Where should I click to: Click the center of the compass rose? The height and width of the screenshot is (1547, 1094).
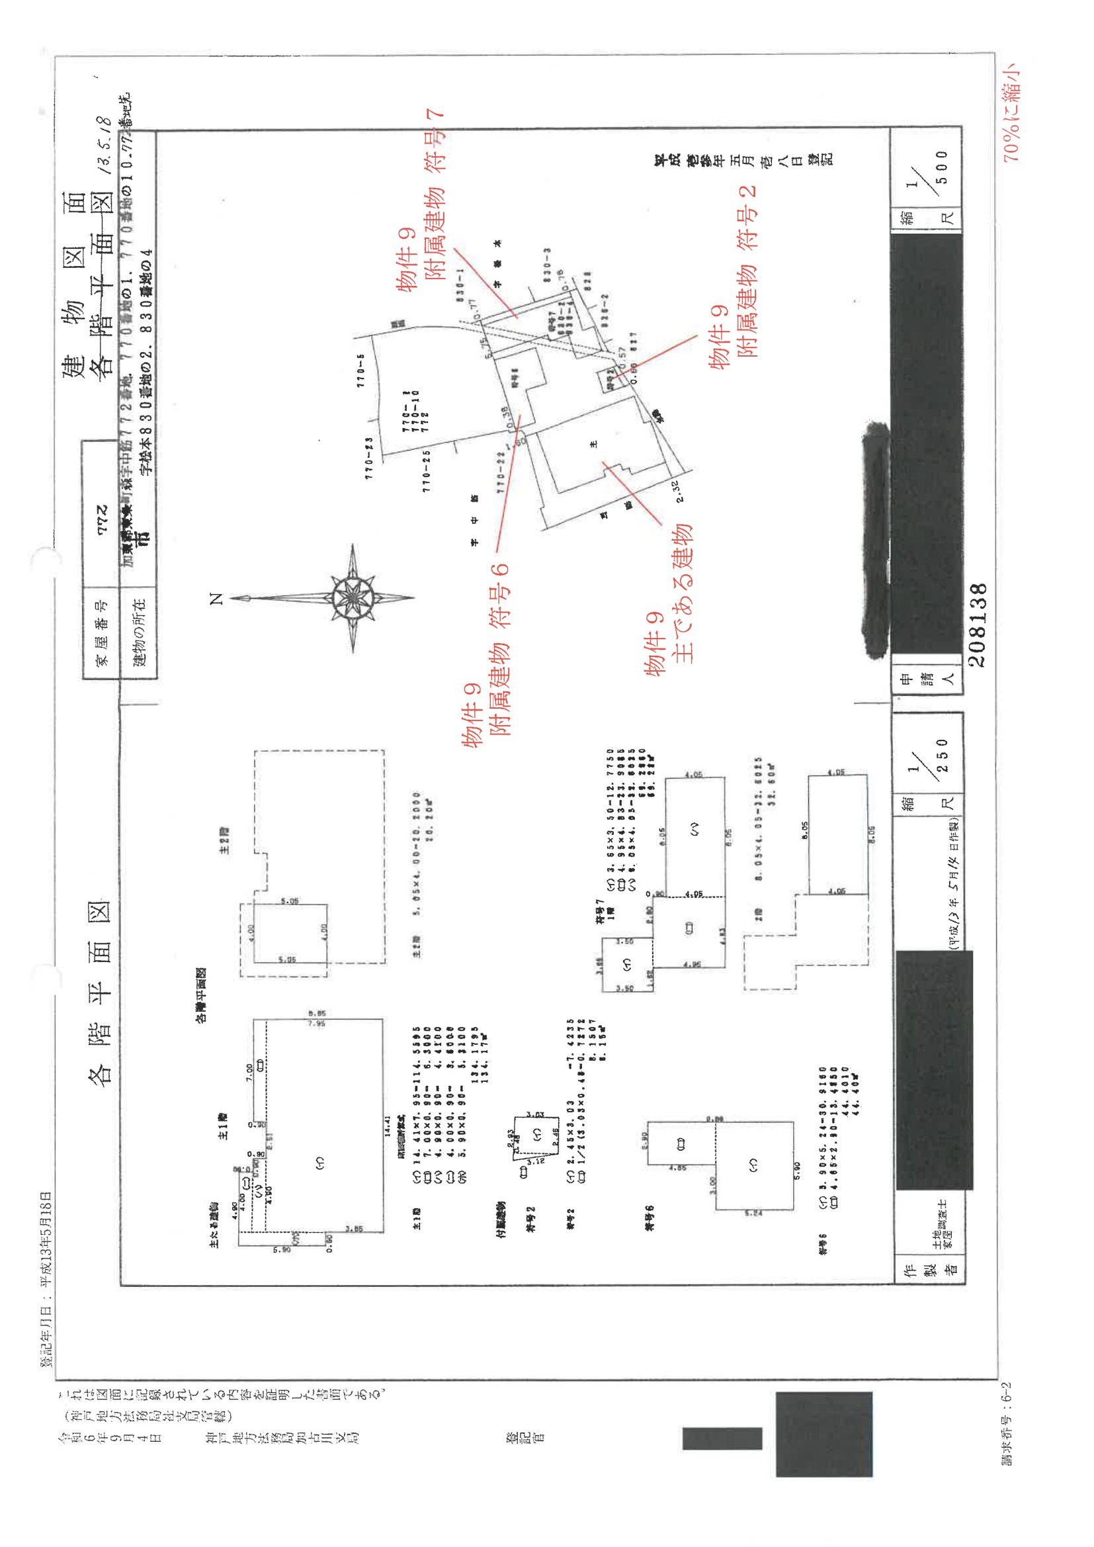pos(353,597)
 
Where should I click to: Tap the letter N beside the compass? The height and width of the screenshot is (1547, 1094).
pos(216,598)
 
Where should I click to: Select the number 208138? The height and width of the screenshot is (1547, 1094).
pos(978,625)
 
